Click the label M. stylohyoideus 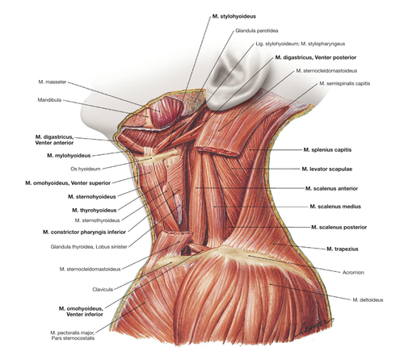(x=234, y=16)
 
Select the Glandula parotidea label (x=257, y=31)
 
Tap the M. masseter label (x=53, y=82)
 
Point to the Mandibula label (x=49, y=100)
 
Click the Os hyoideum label (x=86, y=169)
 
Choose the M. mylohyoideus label (x=69, y=156)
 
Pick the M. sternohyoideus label (x=92, y=197)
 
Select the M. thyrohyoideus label (x=95, y=210)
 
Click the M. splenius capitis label (x=327, y=149)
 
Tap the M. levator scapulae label (x=327, y=169)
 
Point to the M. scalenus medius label (x=335, y=207)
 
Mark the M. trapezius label (x=343, y=249)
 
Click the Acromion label (x=353, y=273)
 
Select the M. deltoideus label (x=368, y=299)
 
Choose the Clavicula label (x=103, y=290)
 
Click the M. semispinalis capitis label (x=345, y=83)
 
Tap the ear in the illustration (x=237, y=78)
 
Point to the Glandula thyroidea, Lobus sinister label (x=89, y=247)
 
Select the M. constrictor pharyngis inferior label (x=84, y=232)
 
